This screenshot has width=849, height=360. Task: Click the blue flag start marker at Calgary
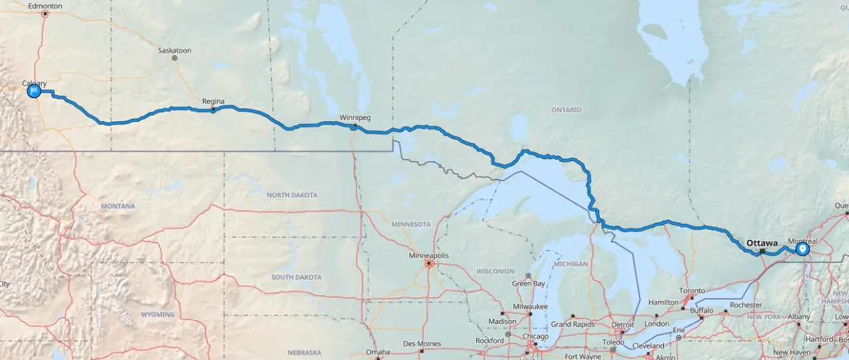point(34,91)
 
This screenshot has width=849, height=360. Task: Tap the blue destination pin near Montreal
point(803,249)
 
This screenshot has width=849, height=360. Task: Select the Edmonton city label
point(46,6)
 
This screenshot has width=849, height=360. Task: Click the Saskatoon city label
point(174,50)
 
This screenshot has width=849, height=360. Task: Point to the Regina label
point(213,101)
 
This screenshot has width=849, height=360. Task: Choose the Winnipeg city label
point(355,117)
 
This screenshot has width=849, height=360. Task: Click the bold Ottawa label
point(761,243)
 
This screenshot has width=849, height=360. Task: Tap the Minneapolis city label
point(429,255)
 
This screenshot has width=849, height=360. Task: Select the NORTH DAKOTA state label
point(292,195)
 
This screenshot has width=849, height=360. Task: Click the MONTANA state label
point(118,206)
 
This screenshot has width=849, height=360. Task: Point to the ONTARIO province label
point(566,109)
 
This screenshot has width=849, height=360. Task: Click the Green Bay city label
point(529,284)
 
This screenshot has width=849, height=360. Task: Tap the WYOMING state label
point(157,314)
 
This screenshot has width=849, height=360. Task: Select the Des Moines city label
point(421,343)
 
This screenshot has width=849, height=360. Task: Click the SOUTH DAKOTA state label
point(296,277)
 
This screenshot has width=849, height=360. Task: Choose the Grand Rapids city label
point(570,324)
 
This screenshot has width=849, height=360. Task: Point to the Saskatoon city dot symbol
point(174,58)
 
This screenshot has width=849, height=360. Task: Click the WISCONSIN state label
point(495,270)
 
